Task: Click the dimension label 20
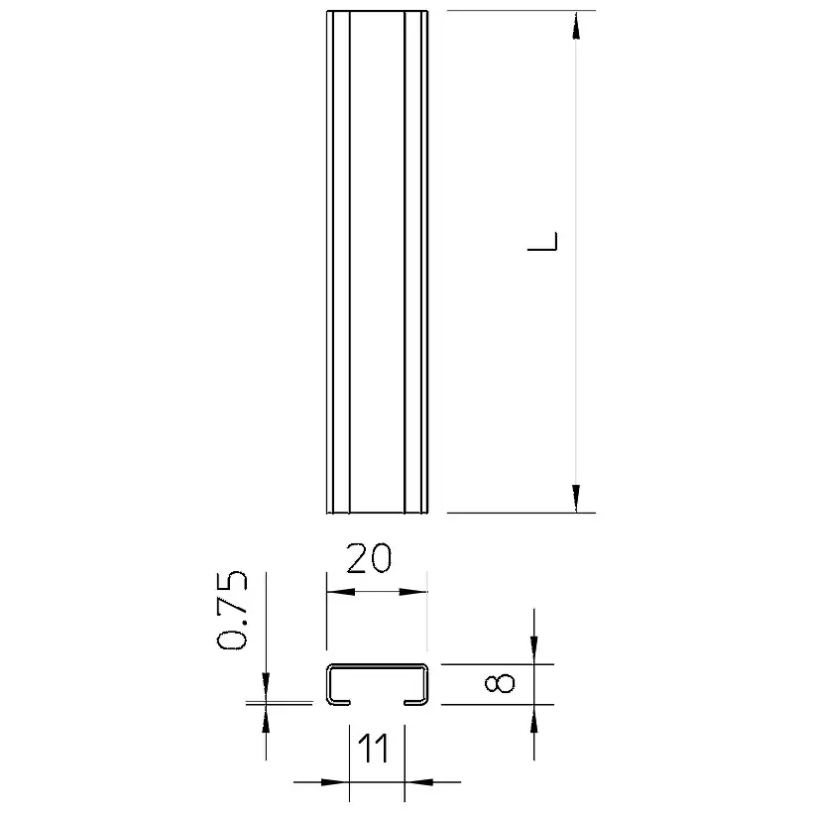pyautogui.click(x=369, y=558)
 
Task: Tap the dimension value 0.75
pyautogui.click(x=232, y=611)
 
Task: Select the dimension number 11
pyautogui.click(x=374, y=749)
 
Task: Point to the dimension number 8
pyautogui.click(x=500, y=683)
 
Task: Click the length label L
pyautogui.click(x=542, y=241)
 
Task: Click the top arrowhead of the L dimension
pyautogui.click(x=575, y=26)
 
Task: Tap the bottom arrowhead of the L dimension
pyautogui.click(x=575, y=499)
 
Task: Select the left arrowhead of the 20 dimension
pyautogui.click(x=341, y=592)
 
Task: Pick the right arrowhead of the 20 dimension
pyautogui.click(x=413, y=592)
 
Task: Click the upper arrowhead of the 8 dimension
pyautogui.click(x=534, y=649)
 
